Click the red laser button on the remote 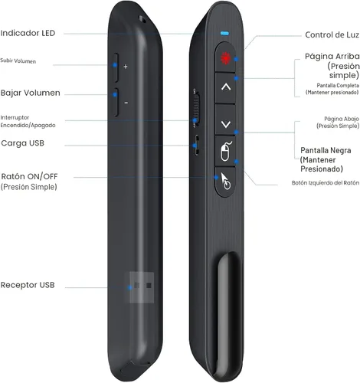coord(225,57)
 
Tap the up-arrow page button coord(225,88)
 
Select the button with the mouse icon coord(225,152)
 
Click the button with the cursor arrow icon coord(224,182)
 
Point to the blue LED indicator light coord(224,33)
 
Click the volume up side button coord(116,67)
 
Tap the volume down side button coord(116,102)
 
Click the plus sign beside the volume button coord(126,67)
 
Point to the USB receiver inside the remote coord(142,287)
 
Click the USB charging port coord(197,146)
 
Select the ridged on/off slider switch coord(196,108)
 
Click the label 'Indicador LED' coord(28,33)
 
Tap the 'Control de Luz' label coord(332,34)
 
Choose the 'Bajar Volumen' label coord(31,93)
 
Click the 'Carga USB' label coord(22,143)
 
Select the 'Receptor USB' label coord(28,285)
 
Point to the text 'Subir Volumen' coord(18,61)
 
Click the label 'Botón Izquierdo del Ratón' coord(326,183)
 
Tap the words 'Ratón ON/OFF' coord(29,176)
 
